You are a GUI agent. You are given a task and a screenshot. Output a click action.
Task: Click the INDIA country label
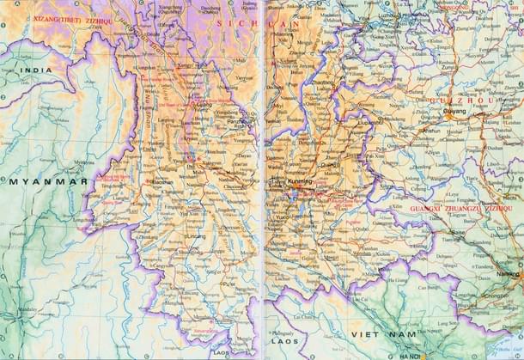[x=35, y=70]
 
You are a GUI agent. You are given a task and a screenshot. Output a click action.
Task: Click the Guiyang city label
[x=454, y=112]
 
